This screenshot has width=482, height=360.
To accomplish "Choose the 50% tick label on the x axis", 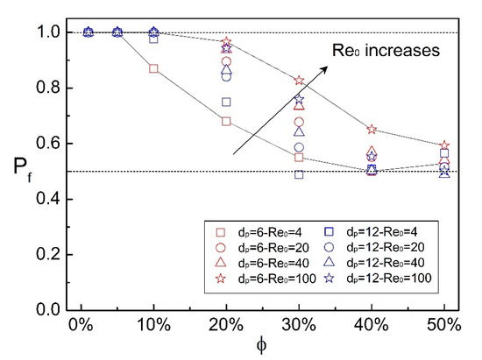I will [x=443, y=325].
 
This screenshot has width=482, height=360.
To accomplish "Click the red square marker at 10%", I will [x=154, y=68].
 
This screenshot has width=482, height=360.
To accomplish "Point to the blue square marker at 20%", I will [x=227, y=102].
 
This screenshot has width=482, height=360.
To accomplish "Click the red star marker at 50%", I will [x=443, y=145].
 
